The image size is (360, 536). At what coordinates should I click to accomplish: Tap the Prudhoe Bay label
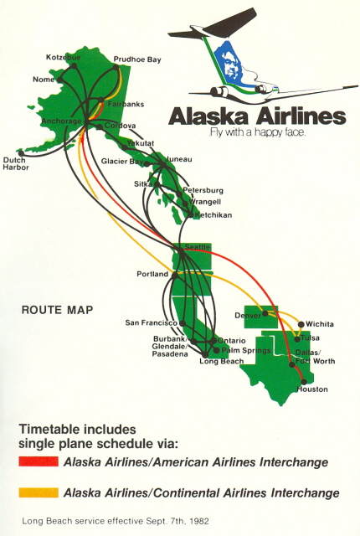point(137,59)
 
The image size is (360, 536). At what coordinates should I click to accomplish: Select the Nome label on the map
point(43,80)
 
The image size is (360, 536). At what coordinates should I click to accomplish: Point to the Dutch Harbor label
point(16,163)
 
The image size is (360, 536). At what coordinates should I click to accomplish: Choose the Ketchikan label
point(213,215)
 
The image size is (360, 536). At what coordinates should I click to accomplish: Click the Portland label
point(153,275)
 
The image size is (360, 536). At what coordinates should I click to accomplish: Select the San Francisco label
point(151,322)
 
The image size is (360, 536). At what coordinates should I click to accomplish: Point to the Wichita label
point(320,323)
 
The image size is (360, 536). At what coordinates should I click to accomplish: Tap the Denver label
point(249,316)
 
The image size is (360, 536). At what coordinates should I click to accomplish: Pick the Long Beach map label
point(221,361)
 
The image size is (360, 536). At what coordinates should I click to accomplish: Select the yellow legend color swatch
point(38,492)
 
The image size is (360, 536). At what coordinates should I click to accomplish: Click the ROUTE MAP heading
point(57,310)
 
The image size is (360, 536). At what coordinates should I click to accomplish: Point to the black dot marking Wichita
point(301,324)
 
